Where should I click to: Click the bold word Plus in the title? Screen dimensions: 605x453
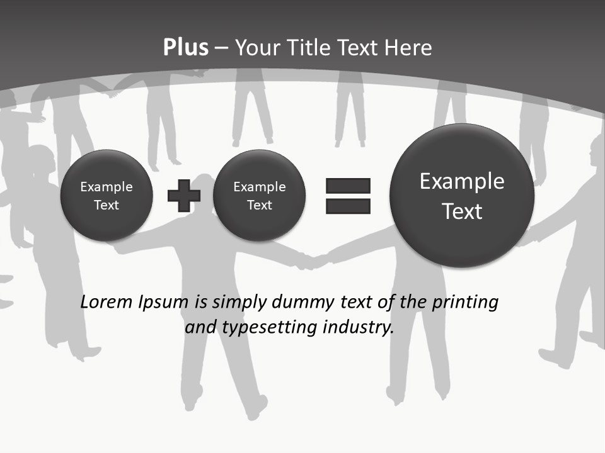185,48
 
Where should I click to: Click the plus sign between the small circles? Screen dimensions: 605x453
184,196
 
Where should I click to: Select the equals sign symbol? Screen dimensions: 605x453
348,196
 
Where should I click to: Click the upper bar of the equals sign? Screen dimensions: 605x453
348,186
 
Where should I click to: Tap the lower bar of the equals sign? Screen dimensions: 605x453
348,206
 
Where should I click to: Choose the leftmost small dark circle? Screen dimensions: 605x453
107,196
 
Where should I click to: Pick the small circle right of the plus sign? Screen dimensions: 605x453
259,196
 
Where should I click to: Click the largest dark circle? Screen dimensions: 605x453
462,196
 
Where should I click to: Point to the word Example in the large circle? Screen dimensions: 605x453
462,181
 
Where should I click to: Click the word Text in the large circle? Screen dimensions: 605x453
462,211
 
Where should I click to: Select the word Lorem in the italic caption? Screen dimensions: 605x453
107,302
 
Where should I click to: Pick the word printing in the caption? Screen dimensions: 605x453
464,303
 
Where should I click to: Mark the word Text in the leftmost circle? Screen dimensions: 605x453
107,205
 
